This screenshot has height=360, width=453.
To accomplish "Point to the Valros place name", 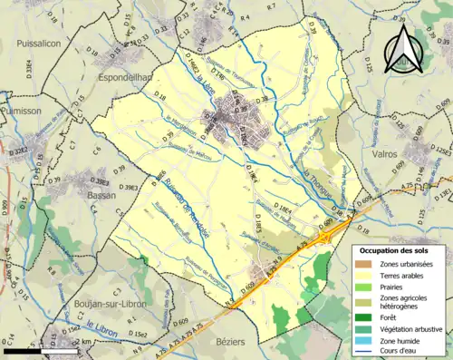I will click(x=391, y=154).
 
